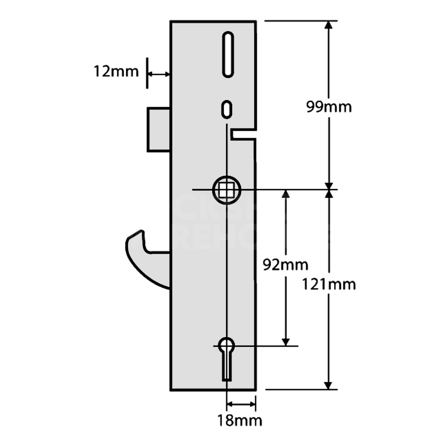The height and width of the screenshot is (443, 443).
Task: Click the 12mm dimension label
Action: pyautogui.click(x=116, y=71)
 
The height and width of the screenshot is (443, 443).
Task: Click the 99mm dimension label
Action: pyautogui.click(x=329, y=107)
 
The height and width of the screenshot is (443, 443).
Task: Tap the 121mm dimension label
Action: pyautogui.click(x=329, y=284)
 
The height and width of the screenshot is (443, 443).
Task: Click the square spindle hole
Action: pyautogui.click(x=226, y=190)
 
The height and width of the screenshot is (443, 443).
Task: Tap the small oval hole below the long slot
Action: pyautogui.click(x=226, y=109)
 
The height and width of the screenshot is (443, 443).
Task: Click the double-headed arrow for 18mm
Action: pyautogui.click(x=241, y=404)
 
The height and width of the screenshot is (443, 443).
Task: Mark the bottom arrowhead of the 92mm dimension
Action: pyautogui.click(x=286, y=341)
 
